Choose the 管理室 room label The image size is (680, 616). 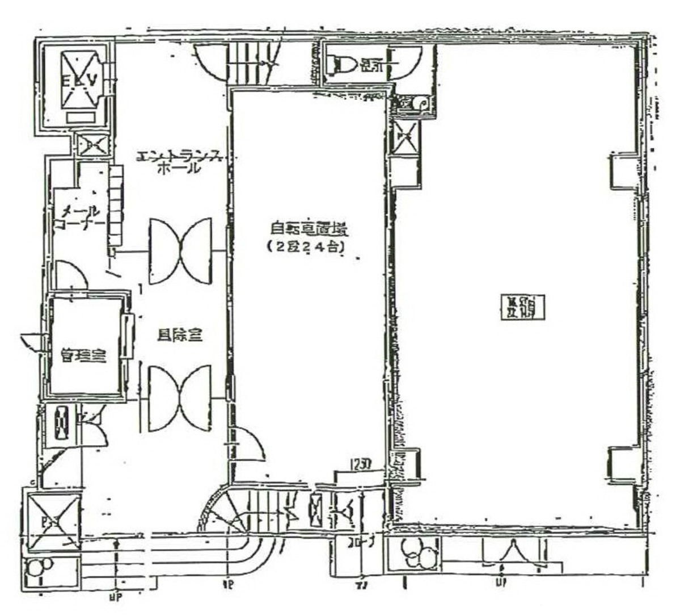(x=84, y=357)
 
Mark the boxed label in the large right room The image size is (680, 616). (x=522, y=307)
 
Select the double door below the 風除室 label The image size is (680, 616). (x=180, y=399)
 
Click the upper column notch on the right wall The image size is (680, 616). (x=623, y=170)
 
